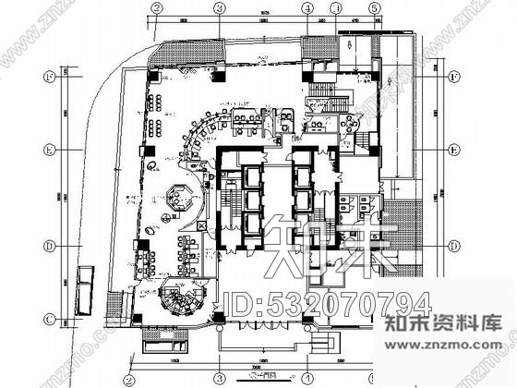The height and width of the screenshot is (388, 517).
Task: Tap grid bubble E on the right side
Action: coord(453,150)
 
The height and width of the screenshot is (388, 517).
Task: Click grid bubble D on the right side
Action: coord(453,246)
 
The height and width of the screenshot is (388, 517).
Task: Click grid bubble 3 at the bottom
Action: coord(220,378)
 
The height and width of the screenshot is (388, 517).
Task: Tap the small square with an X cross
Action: coord(202,224)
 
